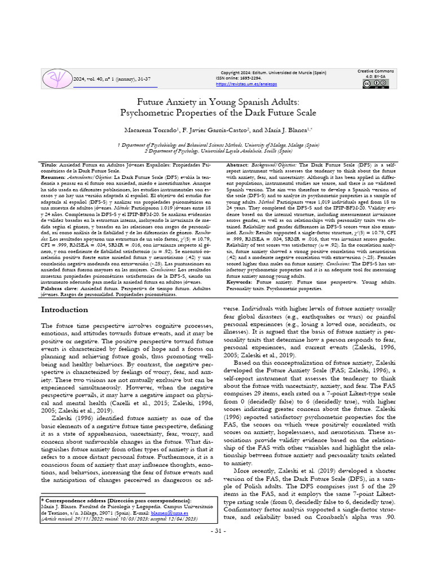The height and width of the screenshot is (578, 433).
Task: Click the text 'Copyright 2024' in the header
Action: tap(238, 73)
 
